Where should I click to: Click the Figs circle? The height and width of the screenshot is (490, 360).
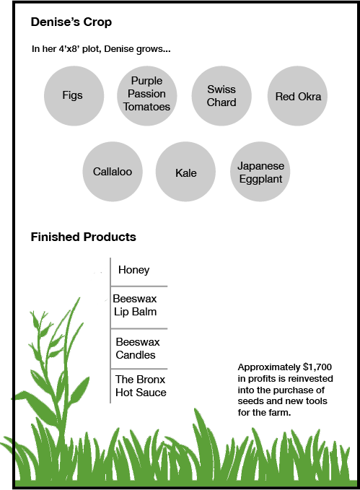tap(74, 96)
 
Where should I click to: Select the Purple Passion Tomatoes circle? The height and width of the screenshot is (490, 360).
tap(147, 96)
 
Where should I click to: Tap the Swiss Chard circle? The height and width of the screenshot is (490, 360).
tap(221, 96)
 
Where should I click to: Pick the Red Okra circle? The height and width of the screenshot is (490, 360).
tap(297, 96)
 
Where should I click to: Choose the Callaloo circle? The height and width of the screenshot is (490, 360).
tap(113, 172)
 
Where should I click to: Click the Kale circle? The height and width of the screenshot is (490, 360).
tap(185, 172)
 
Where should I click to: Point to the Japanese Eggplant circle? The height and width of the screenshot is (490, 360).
tap(260, 172)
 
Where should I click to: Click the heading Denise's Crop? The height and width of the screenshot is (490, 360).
tap(71, 22)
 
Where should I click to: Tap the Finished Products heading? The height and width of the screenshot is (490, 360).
tap(84, 237)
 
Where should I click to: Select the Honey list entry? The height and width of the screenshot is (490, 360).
tap(133, 270)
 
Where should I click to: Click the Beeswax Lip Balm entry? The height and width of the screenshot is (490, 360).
tap(135, 305)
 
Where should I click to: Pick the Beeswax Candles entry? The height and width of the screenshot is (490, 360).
tap(138, 349)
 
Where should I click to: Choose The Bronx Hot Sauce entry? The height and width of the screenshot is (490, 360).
tap(141, 386)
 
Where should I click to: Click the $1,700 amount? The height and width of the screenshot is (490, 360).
tap(317, 367)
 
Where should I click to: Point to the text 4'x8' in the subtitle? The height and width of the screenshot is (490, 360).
tap(69, 49)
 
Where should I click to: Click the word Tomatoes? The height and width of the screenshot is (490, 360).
tap(146, 107)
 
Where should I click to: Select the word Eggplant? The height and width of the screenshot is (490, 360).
tap(260, 180)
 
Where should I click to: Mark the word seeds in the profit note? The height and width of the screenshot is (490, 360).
tap(248, 401)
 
